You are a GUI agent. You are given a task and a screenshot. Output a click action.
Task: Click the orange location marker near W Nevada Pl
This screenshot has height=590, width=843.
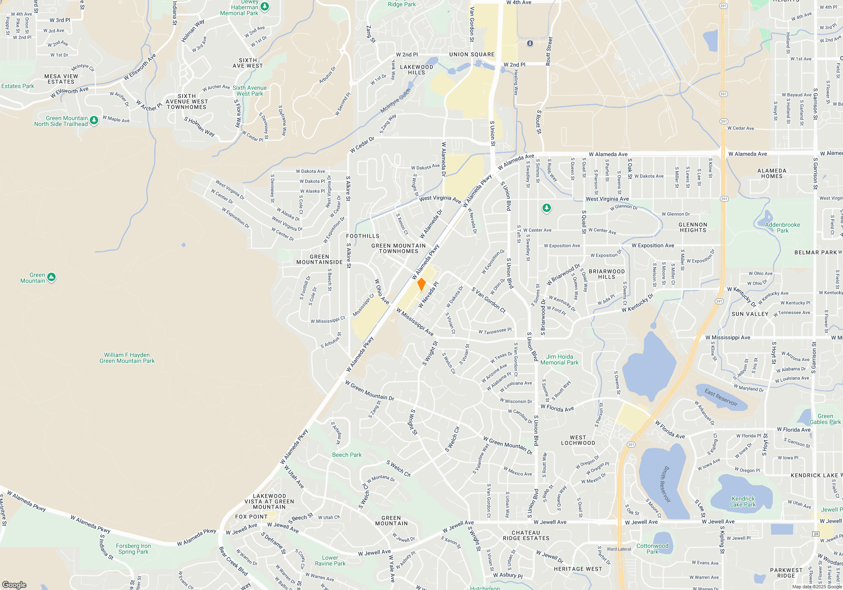[421, 284]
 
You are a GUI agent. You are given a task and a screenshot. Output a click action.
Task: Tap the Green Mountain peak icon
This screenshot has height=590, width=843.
[51, 277]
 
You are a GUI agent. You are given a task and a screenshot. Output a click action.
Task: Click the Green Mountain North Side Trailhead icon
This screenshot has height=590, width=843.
[94, 121]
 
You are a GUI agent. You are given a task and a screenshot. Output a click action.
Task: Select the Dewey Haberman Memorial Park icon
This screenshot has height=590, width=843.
[265, 6]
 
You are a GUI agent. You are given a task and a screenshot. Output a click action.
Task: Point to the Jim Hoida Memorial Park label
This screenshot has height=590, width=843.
[559, 359]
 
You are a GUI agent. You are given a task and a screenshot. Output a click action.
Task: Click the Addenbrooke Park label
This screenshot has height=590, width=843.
[782, 228]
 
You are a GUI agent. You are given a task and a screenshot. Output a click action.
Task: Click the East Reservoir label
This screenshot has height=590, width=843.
[721, 397]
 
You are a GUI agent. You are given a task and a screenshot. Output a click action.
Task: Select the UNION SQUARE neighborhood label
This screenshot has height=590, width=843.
[472, 54]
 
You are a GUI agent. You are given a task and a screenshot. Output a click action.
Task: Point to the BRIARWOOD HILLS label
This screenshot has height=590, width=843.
[607, 274]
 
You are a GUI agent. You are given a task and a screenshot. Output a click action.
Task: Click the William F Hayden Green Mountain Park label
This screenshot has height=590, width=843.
[127, 358]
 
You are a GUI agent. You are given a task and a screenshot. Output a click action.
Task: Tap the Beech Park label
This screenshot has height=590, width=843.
[346, 455]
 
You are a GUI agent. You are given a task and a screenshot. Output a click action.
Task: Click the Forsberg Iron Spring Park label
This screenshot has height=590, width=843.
[133, 549]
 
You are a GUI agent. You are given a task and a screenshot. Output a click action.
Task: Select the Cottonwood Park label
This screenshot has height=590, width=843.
[652, 549]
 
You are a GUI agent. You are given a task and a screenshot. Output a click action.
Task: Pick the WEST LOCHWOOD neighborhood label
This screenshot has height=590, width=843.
[578, 440]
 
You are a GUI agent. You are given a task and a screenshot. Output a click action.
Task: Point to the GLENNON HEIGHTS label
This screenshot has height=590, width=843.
[693, 228]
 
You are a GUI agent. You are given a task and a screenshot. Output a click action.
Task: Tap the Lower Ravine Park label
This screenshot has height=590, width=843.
[330, 560]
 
